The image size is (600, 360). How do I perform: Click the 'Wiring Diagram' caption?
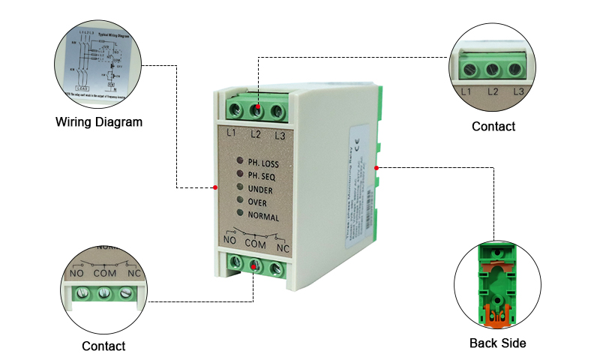pyautogui.click(x=99, y=121)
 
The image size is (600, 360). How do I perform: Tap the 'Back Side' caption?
pyautogui.click(x=497, y=343)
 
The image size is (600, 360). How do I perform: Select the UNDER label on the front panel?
pyautogui.click(x=260, y=190)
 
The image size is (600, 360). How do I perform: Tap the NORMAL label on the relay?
pyautogui.click(x=263, y=217)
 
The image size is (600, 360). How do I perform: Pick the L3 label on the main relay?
pyautogui.click(x=280, y=136)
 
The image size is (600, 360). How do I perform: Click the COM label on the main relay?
pyautogui.click(x=255, y=243)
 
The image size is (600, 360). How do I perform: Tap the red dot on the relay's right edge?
pyautogui.click(x=376, y=167)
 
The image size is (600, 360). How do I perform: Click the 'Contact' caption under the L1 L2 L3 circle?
pyautogui.click(x=493, y=127)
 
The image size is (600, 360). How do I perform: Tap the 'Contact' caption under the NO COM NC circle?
pyautogui.click(x=103, y=346)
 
